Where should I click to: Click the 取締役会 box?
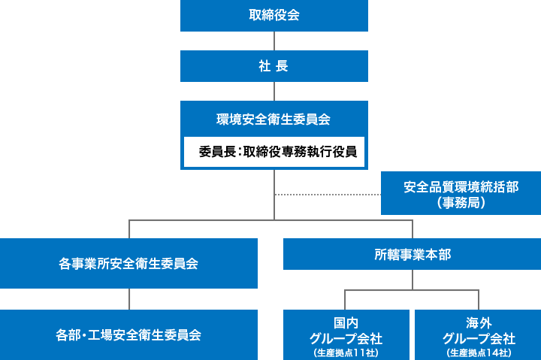[x=274, y=15]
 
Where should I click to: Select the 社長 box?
[x=274, y=66]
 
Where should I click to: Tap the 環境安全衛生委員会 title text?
[x=274, y=119]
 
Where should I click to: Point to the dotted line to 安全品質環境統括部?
[x=328, y=195]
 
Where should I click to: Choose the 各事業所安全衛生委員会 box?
[x=128, y=264]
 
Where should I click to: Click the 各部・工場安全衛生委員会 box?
[x=128, y=334]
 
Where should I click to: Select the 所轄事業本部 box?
[x=412, y=254]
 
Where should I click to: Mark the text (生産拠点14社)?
[x=479, y=352]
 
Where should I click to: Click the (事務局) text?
[x=461, y=203]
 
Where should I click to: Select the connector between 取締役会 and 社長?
[x=274, y=41]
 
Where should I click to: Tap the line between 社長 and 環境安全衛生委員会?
[x=274, y=91]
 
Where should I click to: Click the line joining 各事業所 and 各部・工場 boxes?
[x=128, y=299]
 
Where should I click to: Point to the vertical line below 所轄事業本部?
[x=412, y=279]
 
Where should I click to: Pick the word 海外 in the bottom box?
[x=479, y=322]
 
